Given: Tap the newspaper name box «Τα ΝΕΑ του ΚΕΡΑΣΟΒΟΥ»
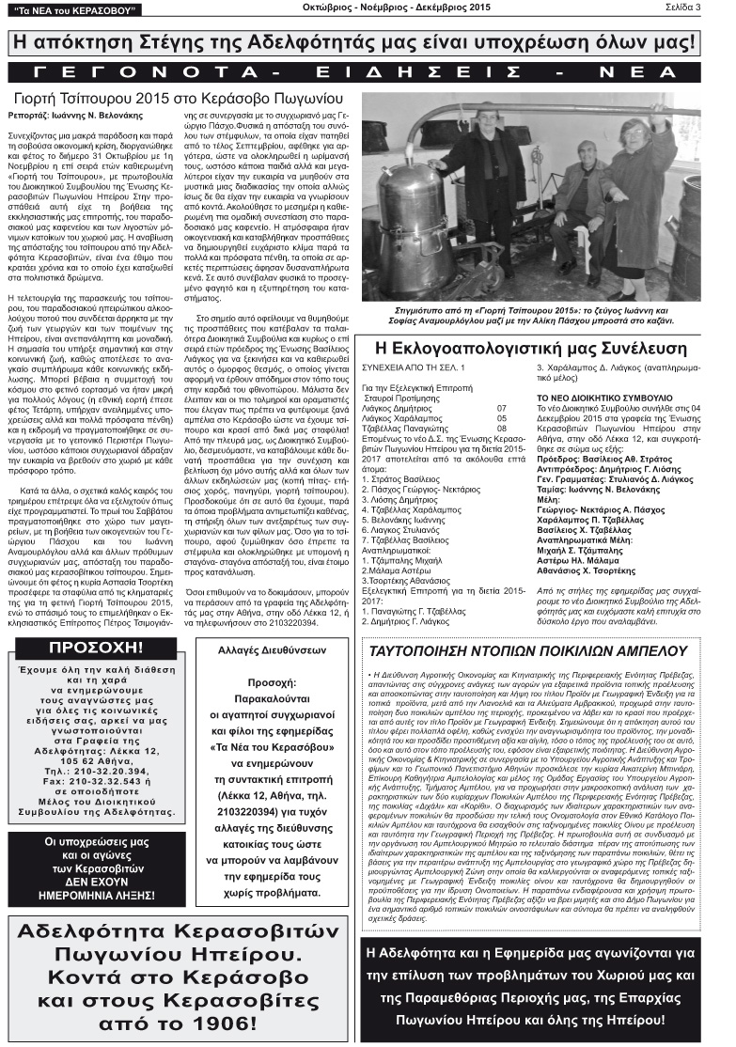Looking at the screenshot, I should (x=73, y=10).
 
